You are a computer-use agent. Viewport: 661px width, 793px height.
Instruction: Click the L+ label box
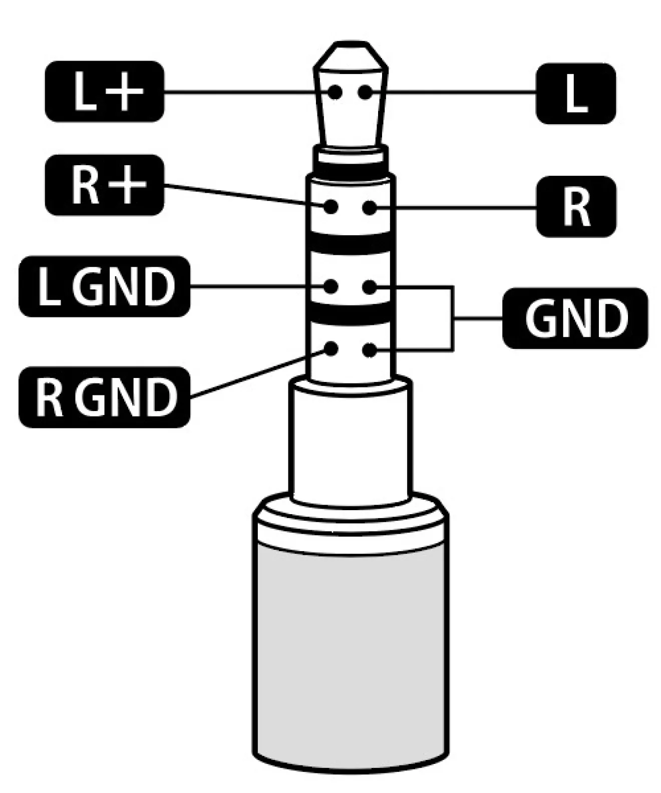click(x=104, y=91)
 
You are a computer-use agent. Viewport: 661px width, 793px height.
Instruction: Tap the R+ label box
click(x=104, y=185)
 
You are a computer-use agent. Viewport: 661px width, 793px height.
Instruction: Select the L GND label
click(x=104, y=286)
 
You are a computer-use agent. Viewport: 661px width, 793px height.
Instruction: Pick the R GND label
click(x=104, y=397)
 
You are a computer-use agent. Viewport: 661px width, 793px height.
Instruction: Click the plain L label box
click(x=575, y=94)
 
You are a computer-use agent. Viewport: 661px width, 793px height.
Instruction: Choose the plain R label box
click(x=576, y=206)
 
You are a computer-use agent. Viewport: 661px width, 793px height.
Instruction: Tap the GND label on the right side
click(x=575, y=318)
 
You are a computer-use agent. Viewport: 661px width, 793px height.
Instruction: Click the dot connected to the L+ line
click(x=335, y=92)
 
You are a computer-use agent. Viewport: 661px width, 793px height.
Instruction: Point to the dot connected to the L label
click(x=366, y=92)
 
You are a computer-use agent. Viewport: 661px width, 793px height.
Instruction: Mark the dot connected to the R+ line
click(x=330, y=206)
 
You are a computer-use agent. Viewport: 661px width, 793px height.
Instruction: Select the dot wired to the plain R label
click(x=370, y=207)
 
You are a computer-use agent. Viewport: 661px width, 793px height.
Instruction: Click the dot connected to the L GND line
click(x=330, y=287)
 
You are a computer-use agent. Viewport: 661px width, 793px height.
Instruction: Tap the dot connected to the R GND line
click(x=330, y=349)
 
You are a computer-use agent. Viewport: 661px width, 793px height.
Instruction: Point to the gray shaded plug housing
click(x=351, y=651)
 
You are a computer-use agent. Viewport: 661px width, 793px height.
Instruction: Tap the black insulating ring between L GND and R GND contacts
click(x=351, y=314)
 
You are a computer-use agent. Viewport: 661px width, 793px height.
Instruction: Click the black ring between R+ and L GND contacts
click(x=351, y=244)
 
